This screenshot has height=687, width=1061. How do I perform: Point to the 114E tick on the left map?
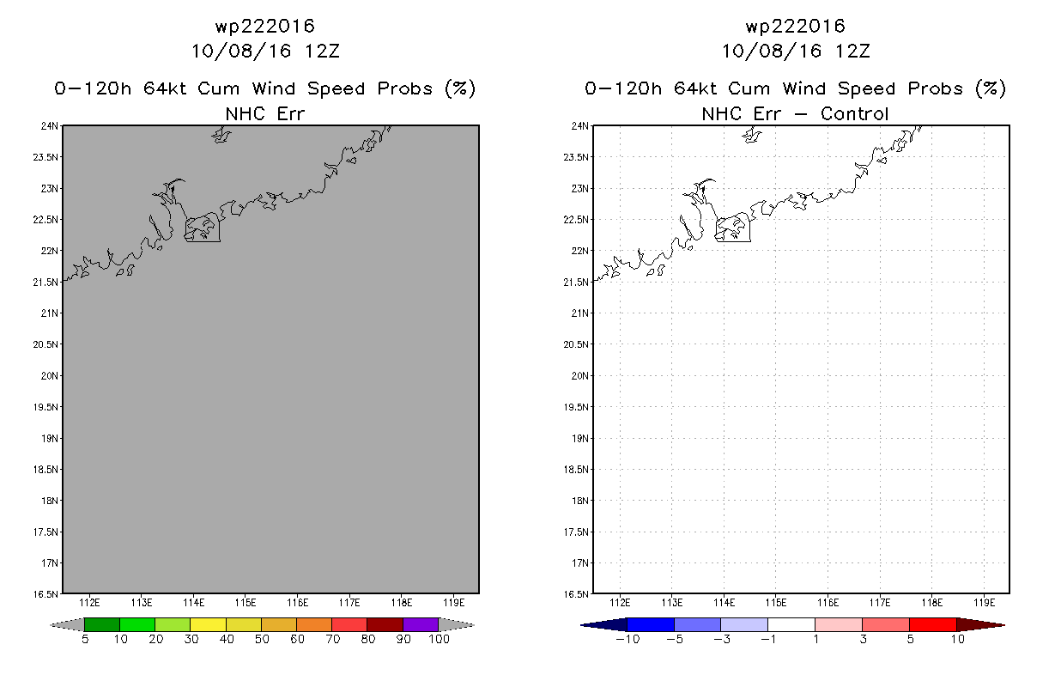pyautogui.click(x=194, y=601)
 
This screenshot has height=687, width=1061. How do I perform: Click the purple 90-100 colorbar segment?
pyautogui.click(x=421, y=624)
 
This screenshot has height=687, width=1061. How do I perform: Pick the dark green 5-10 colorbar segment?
pyautogui.click(x=102, y=624)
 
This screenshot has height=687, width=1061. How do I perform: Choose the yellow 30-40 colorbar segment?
pyautogui.click(x=209, y=624)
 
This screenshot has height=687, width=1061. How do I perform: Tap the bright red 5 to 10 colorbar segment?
pyautogui.click(x=932, y=624)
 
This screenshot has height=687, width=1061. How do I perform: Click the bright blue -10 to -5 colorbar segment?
pyautogui.click(x=651, y=624)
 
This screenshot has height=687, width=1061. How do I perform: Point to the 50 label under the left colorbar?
pyautogui.click(x=261, y=640)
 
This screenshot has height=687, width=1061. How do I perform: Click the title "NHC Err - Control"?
pyautogui.click(x=795, y=113)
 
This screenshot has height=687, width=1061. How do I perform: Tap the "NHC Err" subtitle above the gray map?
pyautogui.click(x=264, y=113)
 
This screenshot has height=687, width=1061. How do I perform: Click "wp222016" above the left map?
pyautogui.click(x=264, y=26)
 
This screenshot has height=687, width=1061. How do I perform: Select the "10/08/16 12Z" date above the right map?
pyautogui.click(x=795, y=51)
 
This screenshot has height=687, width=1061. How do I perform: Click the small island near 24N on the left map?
pyautogui.click(x=222, y=135)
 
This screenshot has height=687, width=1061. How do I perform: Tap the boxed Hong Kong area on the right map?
pyautogui.click(x=732, y=228)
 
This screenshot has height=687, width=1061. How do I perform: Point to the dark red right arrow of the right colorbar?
pyautogui.click(x=980, y=624)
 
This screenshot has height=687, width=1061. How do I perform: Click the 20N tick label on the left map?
pyautogui.click(x=52, y=376)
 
